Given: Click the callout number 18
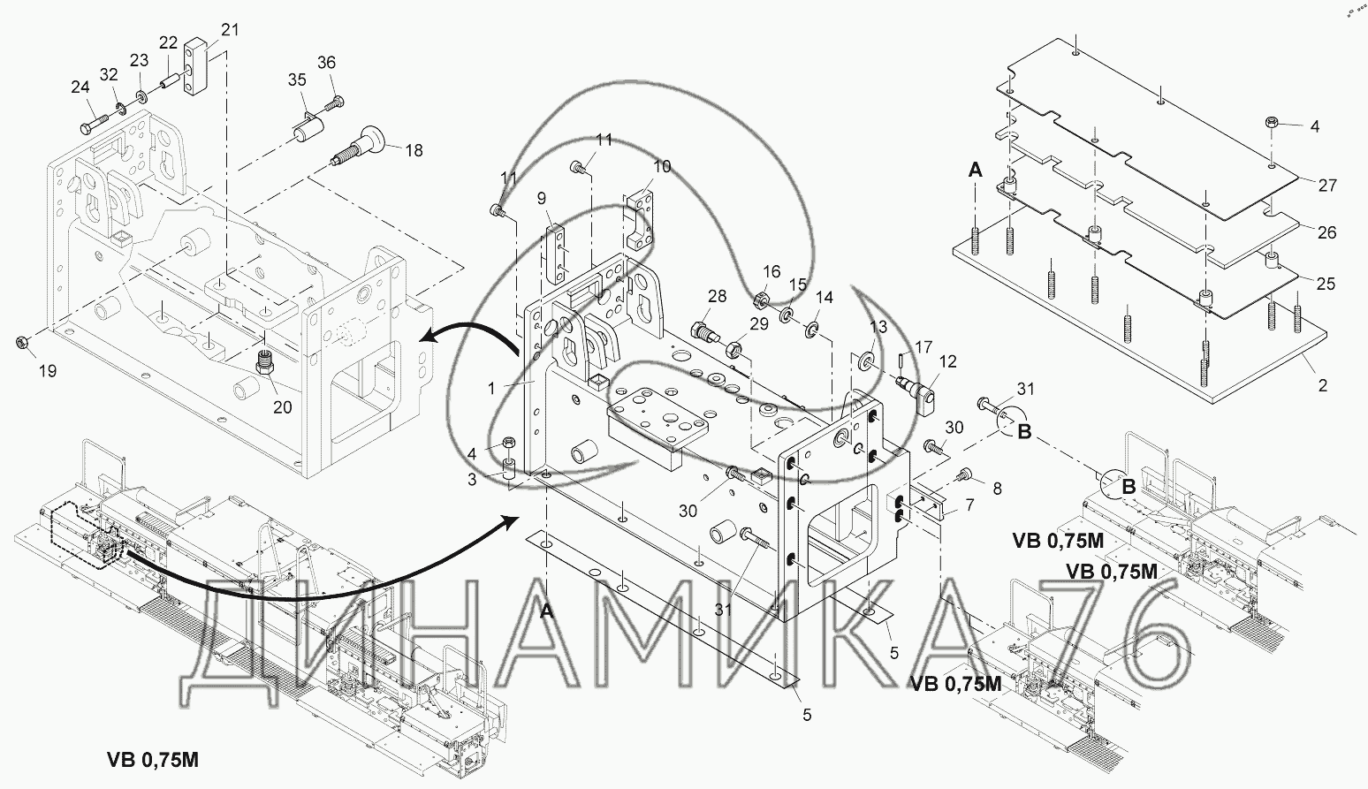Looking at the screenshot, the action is [414, 151].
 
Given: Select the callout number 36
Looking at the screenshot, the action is [327, 63].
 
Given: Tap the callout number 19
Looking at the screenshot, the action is [48, 371].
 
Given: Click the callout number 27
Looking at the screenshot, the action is [1327, 186].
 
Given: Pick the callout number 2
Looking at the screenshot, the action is [1323, 385].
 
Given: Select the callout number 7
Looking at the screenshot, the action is [969, 505].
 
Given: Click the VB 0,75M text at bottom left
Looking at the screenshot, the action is [153, 759].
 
